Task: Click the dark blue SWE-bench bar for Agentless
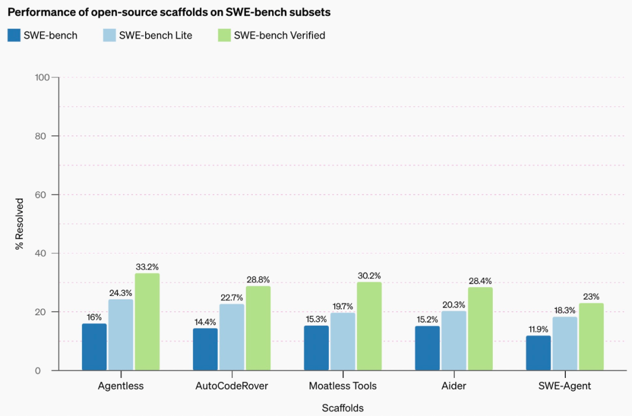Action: click(x=94, y=347)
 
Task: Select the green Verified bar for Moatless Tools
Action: click(x=369, y=326)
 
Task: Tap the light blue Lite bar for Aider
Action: click(x=454, y=340)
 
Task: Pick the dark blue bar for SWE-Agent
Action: click(x=538, y=353)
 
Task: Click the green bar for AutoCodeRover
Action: click(x=258, y=328)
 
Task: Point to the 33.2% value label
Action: click(x=147, y=267)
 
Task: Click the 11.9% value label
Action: click(x=538, y=329)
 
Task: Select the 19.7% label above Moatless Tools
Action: click(x=342, y=306)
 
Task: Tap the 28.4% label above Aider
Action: click(x=480, y=281)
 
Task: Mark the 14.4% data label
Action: click(x=205, y=322)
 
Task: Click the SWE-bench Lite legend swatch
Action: click(x=109, y=35)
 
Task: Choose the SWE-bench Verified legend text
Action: click(x=279, y=35)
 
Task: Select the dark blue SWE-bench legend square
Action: click(x=14, y=35)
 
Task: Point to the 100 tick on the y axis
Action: click(x=43, y=77)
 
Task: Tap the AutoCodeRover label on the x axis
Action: click(x=232, y=386)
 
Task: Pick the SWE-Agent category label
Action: click(x=565, y=386)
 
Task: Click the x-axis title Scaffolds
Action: click(x=342, y=408)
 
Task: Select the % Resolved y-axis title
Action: click(x=19, y=224)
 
